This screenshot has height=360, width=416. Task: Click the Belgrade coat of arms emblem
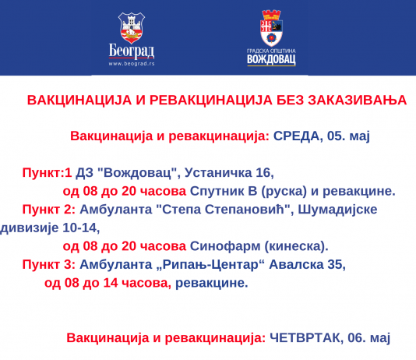132,28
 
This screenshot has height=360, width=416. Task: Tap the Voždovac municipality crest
271,28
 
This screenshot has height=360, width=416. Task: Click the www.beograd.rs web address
132,64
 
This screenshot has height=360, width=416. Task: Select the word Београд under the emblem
132,51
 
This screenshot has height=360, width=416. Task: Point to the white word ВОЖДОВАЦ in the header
271,59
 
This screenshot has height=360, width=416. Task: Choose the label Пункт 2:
49,210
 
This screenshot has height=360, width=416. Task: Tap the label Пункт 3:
49,264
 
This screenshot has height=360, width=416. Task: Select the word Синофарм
225,247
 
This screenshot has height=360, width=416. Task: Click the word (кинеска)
296,247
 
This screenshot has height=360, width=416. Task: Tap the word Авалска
296,264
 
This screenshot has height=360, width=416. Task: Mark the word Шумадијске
337,210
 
